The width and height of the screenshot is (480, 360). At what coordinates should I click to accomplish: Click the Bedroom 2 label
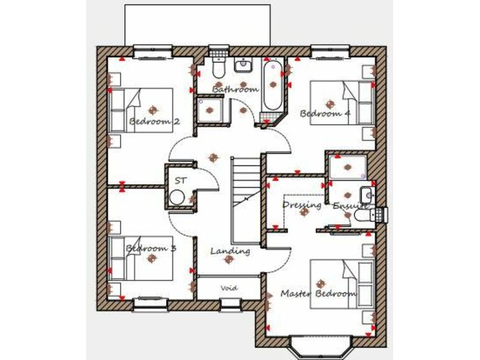[154, 121]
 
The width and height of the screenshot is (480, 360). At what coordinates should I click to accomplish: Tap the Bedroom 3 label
[151, 248]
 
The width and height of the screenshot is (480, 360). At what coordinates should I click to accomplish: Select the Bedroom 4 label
[325, 113]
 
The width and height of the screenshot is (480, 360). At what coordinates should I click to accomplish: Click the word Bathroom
[235, 89]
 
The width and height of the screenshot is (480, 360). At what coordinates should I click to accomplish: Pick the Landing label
[230, 251]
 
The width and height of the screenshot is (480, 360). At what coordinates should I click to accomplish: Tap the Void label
[229, 288]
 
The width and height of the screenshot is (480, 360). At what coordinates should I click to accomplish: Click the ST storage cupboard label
[181, 180]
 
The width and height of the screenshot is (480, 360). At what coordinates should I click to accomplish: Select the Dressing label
[302, 204]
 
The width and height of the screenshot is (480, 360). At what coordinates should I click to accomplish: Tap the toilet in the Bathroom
[218, 66]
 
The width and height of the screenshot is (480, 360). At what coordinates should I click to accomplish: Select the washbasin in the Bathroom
[242, 65]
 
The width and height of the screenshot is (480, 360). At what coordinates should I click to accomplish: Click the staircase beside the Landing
[246, 200]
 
